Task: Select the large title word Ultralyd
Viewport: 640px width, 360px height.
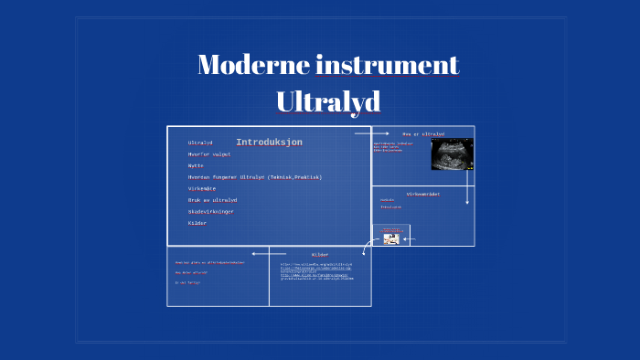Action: point(328,101)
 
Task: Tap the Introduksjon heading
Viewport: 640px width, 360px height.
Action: point(269,143)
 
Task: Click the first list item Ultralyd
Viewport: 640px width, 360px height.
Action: point(200,143)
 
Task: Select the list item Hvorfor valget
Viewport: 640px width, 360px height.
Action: point(209,154)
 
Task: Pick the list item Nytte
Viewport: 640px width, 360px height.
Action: point(196,165)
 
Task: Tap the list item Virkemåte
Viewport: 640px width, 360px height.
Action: point(203,188)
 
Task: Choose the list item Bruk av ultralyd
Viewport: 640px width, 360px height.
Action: point(212,200)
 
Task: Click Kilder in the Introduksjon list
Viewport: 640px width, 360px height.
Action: point(197,223)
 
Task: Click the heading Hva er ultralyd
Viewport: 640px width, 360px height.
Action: point(423,134)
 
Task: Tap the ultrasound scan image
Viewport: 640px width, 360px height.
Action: point(452,154)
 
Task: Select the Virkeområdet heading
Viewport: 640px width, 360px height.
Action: point(423,195)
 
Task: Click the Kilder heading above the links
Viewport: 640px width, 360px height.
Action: point(320,254)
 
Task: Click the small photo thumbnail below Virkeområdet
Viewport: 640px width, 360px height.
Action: point(391,238)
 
